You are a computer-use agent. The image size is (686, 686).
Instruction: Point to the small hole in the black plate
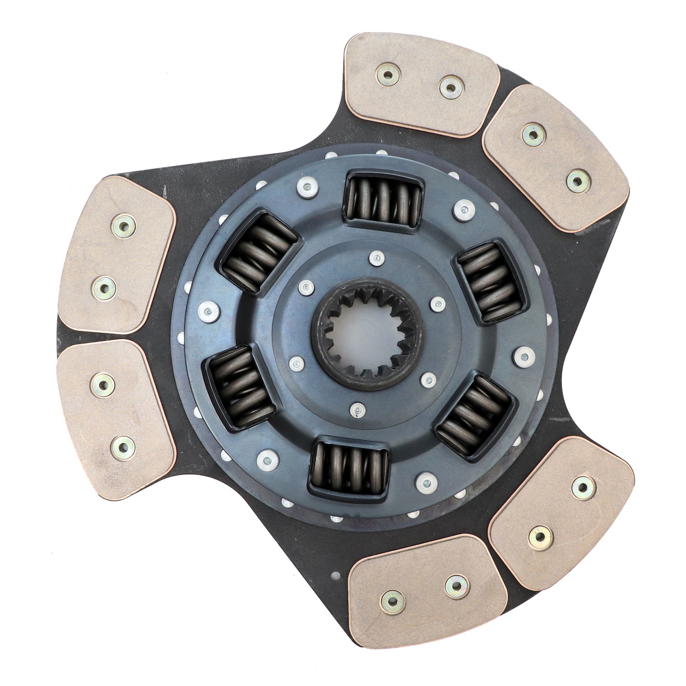coord(337,576)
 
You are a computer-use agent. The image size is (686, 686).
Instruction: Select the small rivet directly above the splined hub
coord(376,259)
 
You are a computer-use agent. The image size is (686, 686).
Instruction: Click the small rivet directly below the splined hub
coord(357,411)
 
